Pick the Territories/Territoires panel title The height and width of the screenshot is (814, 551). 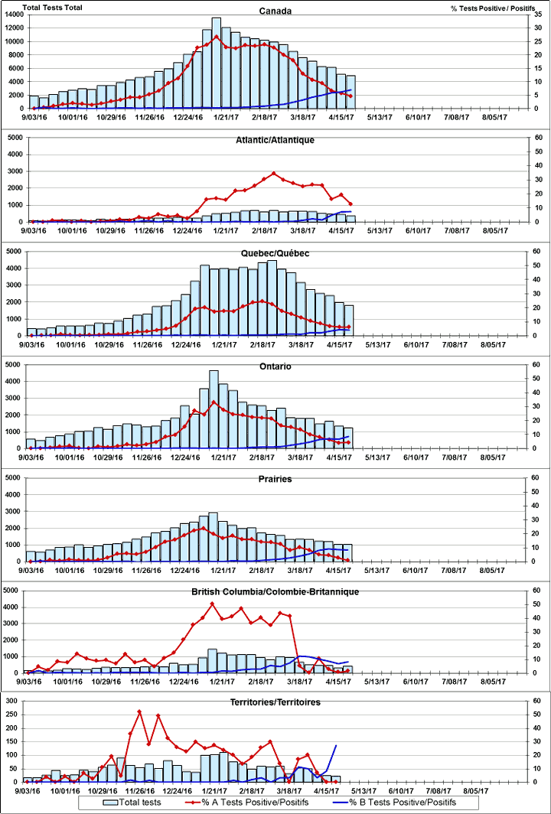coord(276,702)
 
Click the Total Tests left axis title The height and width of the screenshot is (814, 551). coord(51,7)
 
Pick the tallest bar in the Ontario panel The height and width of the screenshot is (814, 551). coord(214,409)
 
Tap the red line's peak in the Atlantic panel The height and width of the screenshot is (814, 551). coord(274,173)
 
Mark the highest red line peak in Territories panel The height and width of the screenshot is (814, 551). coord(139,711)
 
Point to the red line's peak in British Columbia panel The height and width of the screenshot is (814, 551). coord(213,604)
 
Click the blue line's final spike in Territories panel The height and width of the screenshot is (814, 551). coord(336,744)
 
